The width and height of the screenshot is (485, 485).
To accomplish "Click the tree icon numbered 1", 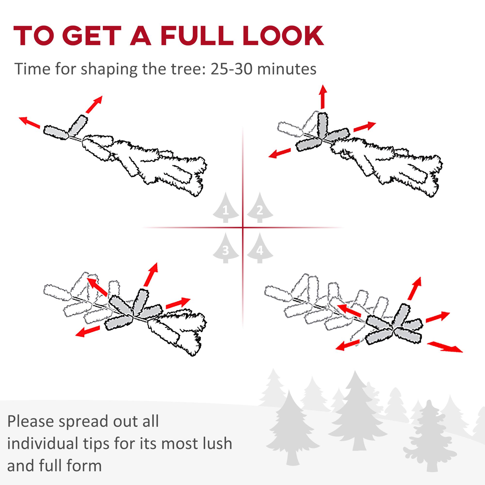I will coord(226,208).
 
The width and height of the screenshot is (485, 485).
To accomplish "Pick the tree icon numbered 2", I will coord(260,208).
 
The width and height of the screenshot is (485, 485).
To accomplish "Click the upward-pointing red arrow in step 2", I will coord(323,97).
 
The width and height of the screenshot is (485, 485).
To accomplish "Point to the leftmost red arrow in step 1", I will coord(30,122).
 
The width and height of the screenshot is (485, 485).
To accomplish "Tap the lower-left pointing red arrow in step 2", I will coord(279,153).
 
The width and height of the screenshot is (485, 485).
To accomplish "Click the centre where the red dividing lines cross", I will coord(243,228).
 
